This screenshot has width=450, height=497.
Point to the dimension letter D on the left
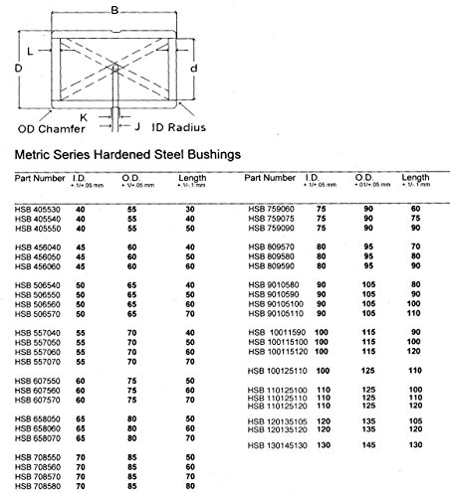tap(18, 69)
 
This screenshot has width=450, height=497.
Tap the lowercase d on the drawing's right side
tap(206, 68)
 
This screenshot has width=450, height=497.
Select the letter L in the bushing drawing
tap(31, 49)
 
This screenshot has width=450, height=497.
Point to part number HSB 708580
tap(36, 486)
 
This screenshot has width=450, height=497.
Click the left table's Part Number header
tap(39, 179)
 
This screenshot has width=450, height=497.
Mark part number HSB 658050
tap(36, 419)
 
